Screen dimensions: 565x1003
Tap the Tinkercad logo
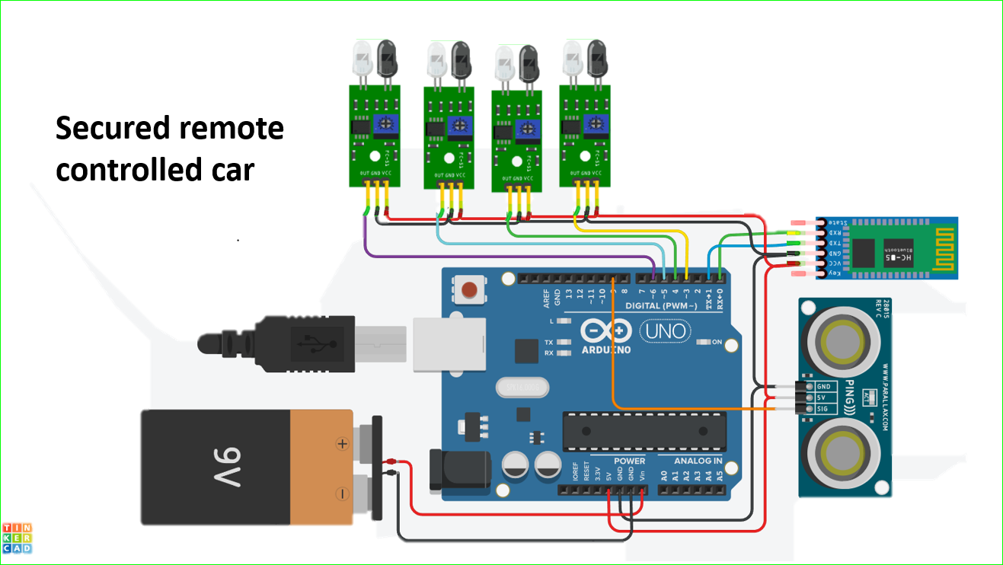17,538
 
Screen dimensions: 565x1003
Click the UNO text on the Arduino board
665,331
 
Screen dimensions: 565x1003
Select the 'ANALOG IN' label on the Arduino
698,461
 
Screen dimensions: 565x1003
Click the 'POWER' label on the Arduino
629,461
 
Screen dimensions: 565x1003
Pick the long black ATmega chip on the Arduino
643,431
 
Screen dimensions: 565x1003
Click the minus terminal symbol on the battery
343,493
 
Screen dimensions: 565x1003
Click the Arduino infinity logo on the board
607,331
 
